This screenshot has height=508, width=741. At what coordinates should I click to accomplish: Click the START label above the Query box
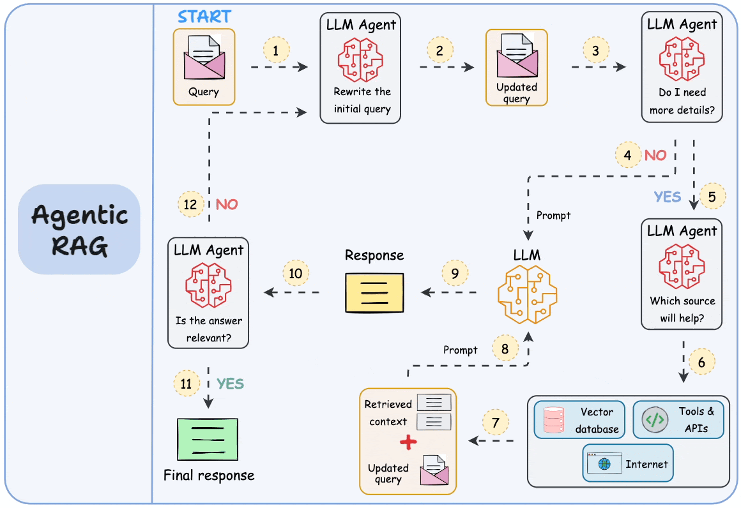click(x=204, y=16)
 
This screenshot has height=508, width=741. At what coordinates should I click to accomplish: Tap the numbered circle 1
click(x=276, y=50)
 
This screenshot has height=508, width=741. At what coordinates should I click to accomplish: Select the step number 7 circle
click(x=496, y=422)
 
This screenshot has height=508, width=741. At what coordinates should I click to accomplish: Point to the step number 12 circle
click(x=190, y=205)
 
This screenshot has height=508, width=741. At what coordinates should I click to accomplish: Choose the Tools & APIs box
click(x=678, y=420)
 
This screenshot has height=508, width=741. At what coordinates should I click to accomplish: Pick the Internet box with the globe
click(x=628, y=463)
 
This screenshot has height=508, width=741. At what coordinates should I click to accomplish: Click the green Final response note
click(x=208, y=438)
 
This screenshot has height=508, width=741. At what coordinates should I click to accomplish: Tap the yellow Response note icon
click(x=374, y=292)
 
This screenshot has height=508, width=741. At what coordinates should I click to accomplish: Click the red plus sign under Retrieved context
click(x=408, y=442)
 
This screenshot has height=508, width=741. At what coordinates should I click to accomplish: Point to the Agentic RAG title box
click(x=79, y=229)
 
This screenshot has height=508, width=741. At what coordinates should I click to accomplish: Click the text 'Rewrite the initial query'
click(x=362, y=100)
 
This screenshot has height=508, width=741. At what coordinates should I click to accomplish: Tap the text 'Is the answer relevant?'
click(x=209, y=329)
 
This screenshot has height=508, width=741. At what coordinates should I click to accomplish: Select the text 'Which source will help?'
click(x=682, y=309)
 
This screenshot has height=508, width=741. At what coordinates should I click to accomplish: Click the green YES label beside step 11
click(x=230, y=384)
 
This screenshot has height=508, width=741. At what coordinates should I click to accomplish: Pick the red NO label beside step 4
click(x=655, y=155)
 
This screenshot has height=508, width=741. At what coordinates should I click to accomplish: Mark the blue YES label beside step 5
click(x=668, y=197)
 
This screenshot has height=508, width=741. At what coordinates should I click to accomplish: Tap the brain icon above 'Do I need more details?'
click(x=682, y=60)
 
